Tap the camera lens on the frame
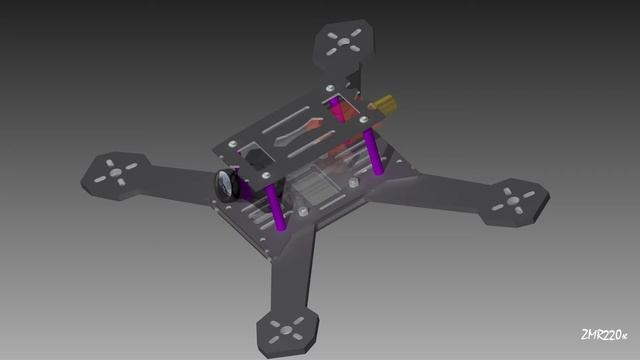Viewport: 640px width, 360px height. click(x=225, y=185)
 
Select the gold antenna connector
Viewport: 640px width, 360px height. click(x=383, y=104)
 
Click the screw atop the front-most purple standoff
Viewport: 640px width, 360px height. click(x=267, y=180)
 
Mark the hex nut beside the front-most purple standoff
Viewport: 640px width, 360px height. click(x=301, y=212)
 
